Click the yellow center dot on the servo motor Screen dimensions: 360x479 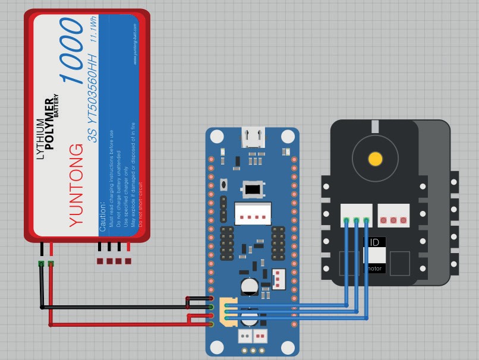375,159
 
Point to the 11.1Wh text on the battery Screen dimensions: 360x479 93,29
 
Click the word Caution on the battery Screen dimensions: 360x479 103,216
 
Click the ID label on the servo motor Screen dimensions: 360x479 375,242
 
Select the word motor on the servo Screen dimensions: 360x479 374,269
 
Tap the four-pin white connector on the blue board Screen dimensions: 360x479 253,213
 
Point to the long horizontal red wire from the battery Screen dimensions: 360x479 119,324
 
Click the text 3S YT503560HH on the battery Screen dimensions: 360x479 92,104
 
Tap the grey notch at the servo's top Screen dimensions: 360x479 375,126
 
